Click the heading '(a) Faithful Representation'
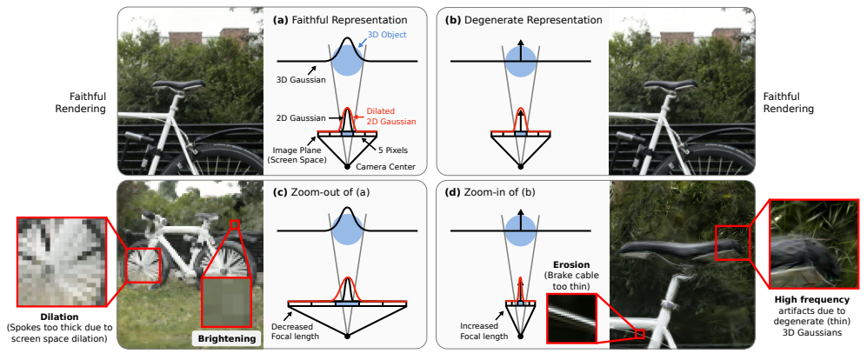(x=340, y=19)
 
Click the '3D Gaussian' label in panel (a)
(x=299, y=79)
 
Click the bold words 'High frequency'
(x=812, y=298)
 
